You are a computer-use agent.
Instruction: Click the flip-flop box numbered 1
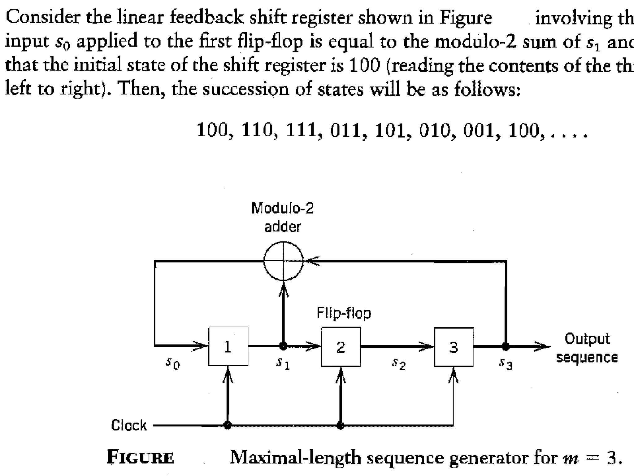click(x=228, y=346)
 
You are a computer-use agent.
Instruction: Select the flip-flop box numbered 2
click(x=341, y=347)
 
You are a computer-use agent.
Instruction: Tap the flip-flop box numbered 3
click(x=454, y=347)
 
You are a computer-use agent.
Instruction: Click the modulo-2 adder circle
click(x=283, y=261)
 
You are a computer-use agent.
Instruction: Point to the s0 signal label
click(x=172, y=363)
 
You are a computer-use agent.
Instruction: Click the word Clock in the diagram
click(x=129, y=425)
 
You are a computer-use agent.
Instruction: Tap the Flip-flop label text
click(x=344, y=313)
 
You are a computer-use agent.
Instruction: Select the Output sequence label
click(x=587, y=348)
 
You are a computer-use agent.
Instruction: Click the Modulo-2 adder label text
click(x=282, y=217)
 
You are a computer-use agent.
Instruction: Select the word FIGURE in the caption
click(x=140, y=457)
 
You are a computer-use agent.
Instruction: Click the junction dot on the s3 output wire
click(x=506, y=346)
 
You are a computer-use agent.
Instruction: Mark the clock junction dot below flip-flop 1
click(x=228, y=425)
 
